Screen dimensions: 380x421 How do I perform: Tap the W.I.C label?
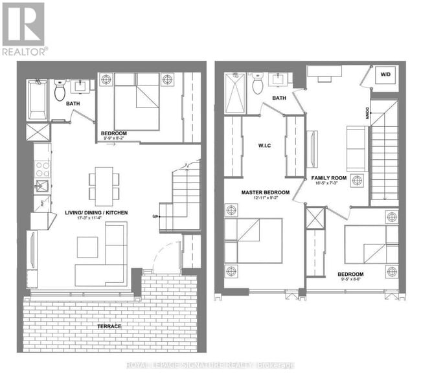point(264,145)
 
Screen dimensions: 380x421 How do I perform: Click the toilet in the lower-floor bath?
point(60,91)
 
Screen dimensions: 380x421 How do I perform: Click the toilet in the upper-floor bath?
point(258,84)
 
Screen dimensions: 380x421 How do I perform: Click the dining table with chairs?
point(103,184)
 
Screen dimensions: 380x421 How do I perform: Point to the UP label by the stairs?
point(155,216)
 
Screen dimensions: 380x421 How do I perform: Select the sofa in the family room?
point(356,149)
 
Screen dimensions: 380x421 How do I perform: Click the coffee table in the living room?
point(87,247)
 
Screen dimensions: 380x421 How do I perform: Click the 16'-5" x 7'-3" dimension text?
point(328,183)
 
